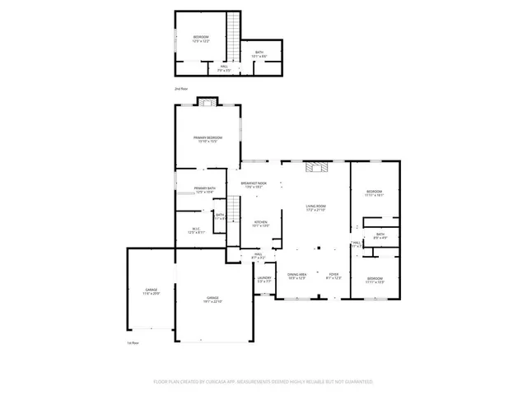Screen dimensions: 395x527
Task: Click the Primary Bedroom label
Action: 208,137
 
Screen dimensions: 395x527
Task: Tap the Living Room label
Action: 316,207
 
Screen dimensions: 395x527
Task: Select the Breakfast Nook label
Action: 254,184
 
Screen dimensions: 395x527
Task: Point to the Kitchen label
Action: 261,222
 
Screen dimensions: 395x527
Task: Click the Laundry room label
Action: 264,277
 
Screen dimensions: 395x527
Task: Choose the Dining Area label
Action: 296,275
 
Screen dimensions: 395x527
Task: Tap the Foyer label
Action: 333,275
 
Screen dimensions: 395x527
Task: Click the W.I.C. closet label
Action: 196,230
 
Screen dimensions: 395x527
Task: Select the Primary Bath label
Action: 205,188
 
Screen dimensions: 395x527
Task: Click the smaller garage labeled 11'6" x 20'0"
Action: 152,290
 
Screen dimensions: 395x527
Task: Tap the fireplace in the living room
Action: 316,168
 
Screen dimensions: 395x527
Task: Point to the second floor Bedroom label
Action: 201,37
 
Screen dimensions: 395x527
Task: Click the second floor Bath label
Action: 259,53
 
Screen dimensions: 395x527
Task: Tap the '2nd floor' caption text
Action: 181,87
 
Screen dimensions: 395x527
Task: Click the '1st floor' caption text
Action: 133,343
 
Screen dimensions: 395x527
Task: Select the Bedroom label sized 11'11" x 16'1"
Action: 375,193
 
